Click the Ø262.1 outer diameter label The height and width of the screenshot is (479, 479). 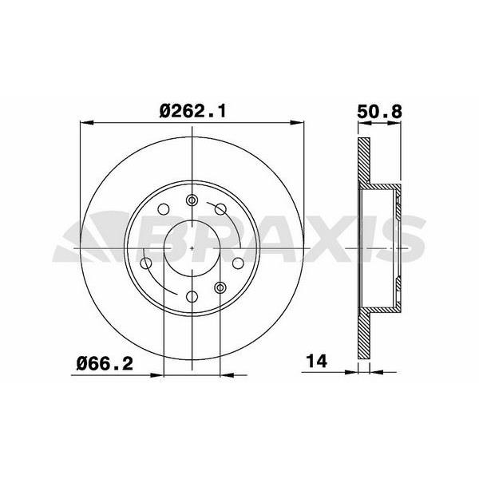[x=192, y=111]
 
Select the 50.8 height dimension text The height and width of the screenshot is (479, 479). [x=379, y=112]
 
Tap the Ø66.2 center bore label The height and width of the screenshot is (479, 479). [x=105, y=363]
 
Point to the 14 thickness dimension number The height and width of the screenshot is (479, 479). [x=317, y=361]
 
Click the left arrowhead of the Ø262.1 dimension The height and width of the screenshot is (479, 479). [x=86, y=123]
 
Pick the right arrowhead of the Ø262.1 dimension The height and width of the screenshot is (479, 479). [x=296, y=123]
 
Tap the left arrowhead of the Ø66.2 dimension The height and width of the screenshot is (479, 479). [x=156, y=375]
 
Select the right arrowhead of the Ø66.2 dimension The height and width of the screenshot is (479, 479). [x=227, y=375]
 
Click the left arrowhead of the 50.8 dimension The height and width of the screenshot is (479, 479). [x=365, y=123]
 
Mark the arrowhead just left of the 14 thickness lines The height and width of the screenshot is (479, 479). [x=351, y=372]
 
